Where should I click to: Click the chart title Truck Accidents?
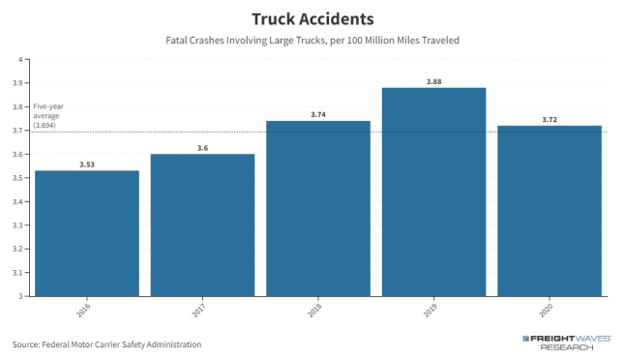point(311,18)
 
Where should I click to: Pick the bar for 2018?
point(317,208)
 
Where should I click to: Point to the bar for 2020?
point(549,211)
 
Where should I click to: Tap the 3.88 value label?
point(433,80)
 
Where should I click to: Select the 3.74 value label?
point(317,114)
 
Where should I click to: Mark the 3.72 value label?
point(549,119)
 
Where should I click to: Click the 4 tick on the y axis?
point(19,60)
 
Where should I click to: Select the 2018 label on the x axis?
point(318,310)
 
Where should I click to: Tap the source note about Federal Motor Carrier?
point(107,344)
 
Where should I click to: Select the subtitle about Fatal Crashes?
point(311,41)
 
